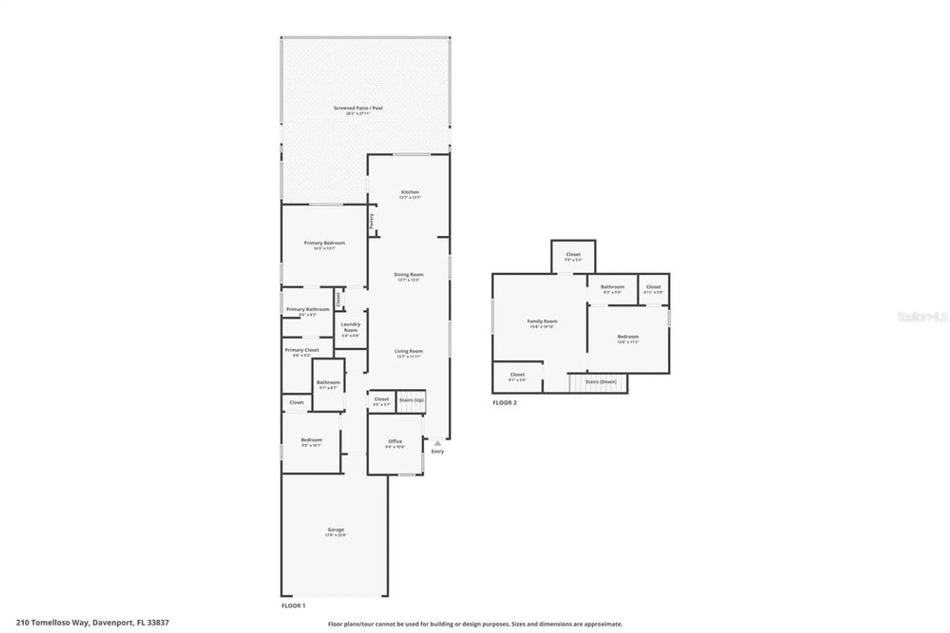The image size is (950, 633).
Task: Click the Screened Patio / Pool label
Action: [358, 108]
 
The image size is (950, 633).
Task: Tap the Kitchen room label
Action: [409, 192]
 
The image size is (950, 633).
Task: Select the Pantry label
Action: [372, 221]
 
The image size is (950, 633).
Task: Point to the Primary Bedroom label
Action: [324, 243]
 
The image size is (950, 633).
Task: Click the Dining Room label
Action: [408, 275]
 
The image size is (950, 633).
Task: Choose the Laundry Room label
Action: [351, 327]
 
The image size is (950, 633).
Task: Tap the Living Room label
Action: [408, 351]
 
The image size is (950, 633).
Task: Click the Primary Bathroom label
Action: [308, 309]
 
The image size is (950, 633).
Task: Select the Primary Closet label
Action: [302, 350]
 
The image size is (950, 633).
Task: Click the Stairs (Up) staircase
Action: [411, 401]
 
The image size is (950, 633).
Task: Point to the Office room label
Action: [395, 441]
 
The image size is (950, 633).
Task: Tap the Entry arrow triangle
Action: [437, 443]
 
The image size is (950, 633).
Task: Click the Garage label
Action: [336, 529]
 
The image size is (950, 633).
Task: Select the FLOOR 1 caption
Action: [294, 606]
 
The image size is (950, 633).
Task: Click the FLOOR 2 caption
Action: [504, 403]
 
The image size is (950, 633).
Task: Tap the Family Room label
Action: [542, 322]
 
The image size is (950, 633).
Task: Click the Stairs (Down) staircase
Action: [600, 382]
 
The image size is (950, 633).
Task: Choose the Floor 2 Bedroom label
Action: [628, 336]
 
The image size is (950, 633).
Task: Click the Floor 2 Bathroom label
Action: [612, 287]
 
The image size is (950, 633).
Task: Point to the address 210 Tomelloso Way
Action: [93, 622]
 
